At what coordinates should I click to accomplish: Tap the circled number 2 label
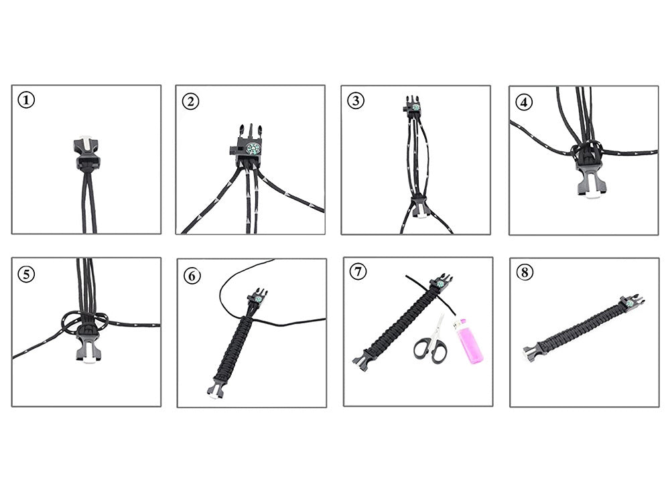click(191, 101)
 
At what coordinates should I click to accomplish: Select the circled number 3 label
click(356, 101)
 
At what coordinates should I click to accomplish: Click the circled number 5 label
click(26, 273)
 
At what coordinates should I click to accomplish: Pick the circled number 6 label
click(192, 274)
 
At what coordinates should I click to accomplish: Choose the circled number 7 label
click(358, 272)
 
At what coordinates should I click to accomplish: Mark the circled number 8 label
click(525, 273)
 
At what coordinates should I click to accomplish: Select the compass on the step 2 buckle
click(253, 149)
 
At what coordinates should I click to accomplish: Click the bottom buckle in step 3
click(418, 207)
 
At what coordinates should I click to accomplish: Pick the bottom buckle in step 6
click(215, 391)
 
